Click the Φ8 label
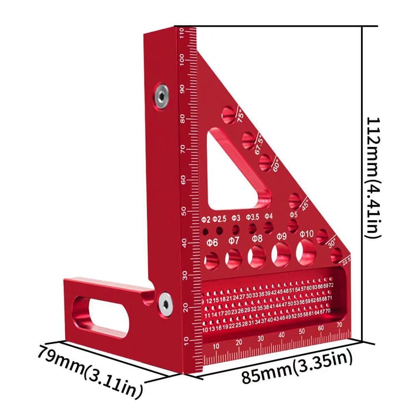point(257,238)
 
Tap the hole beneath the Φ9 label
point(280,254)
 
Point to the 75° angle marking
point(240,115)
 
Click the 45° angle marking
point(305,207)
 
